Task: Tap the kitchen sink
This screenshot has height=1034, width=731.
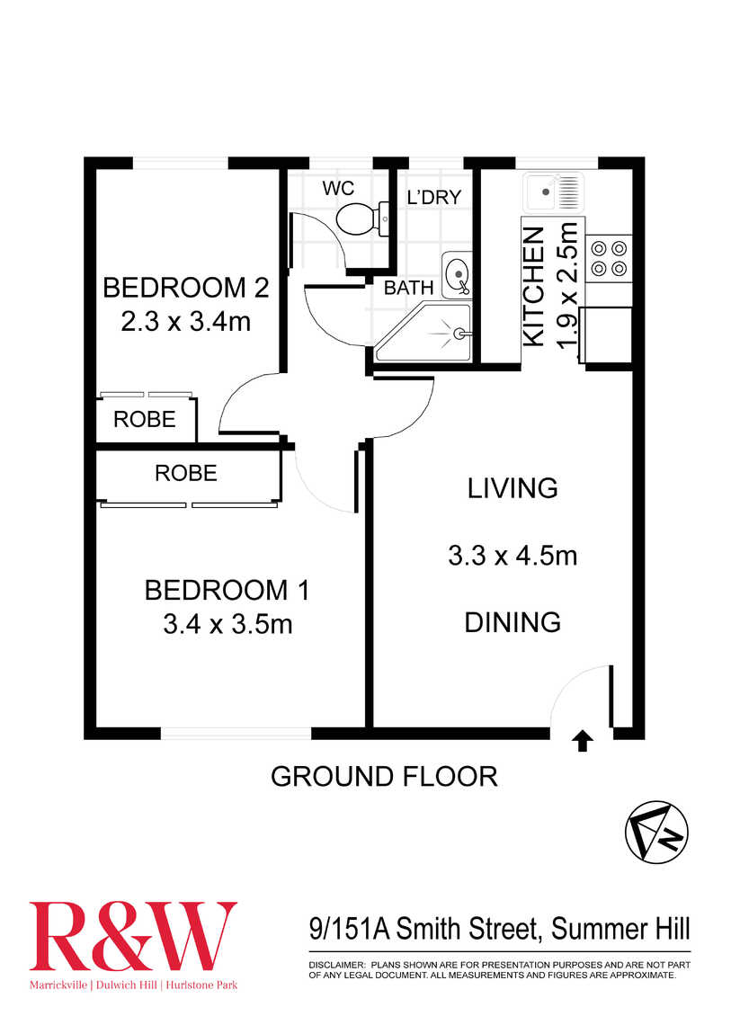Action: pos(554,192)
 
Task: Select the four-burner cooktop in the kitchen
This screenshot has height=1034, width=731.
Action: pos(609,259)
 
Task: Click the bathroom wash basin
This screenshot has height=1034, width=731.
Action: pos(458,274)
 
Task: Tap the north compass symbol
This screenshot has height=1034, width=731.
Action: pos(656,833)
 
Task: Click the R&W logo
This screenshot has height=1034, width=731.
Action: pos(132,936)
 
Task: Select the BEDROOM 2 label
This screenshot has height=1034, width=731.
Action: pos(186,289)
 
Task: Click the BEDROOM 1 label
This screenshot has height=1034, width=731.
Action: pos(227,590)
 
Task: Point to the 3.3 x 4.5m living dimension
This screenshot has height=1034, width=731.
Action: pos(513,556)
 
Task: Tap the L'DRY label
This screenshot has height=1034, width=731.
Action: pos(433,197)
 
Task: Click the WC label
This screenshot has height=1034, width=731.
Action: pos(338,188)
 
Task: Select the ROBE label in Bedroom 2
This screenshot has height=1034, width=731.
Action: pos(145,419)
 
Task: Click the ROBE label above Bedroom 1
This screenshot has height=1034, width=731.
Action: pos(186,473)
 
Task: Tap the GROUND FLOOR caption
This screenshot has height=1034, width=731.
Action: pos(384,777)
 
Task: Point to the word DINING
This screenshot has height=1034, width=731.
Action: pos(513,622)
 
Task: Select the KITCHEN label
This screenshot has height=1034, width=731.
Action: pos(534,287)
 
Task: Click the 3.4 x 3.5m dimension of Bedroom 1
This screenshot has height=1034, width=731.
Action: pos(228,624)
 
